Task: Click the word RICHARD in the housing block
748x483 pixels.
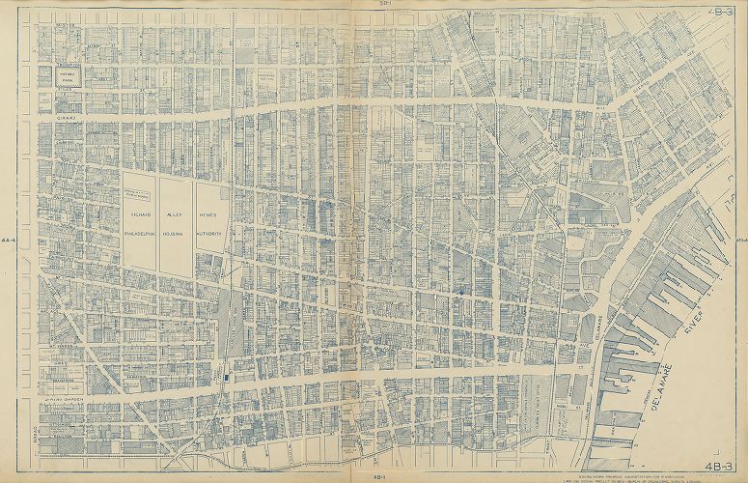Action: click(x=139, y=215)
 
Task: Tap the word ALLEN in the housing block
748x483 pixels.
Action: click(x=175, y=215)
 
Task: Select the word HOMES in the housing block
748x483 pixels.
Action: click(x=210, y=215)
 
